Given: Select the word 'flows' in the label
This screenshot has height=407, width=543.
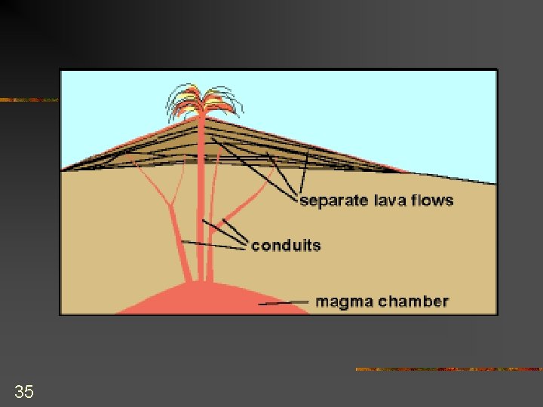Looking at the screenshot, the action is (431, 200).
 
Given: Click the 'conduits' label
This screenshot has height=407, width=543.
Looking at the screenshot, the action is (286, 246).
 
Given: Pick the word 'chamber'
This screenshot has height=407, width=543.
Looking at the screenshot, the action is (413, 302).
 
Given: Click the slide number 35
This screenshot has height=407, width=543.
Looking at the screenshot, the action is (24, 391).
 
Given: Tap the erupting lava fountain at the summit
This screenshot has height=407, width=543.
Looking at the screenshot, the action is (200, 103).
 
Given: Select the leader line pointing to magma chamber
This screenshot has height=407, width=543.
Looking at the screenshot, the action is (285, 303).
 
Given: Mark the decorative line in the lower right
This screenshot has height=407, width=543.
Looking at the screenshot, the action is (448, 369).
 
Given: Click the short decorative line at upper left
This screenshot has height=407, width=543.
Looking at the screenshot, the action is (29, 99).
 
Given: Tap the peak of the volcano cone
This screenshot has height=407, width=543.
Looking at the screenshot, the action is (204, 118).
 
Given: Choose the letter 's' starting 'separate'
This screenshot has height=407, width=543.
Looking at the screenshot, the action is (304, 201).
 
